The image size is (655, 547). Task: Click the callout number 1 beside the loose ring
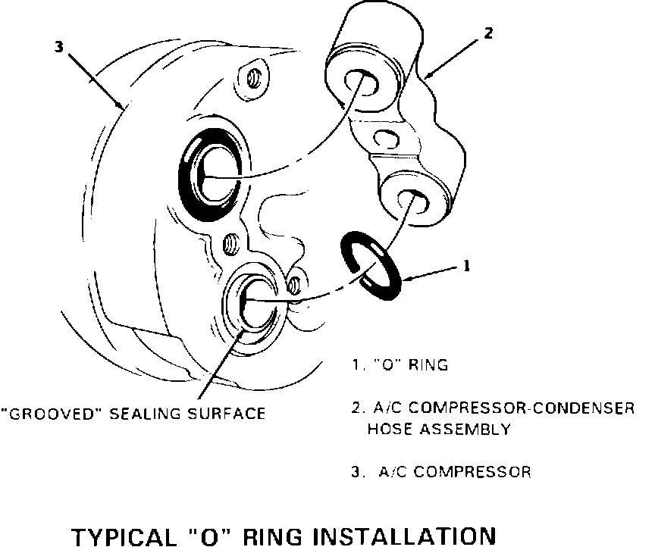pos(467,266)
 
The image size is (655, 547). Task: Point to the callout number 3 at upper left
pos(58,46)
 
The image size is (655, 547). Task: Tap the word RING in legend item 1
pos(428,365)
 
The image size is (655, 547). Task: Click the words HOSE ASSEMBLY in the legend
pos(438,429)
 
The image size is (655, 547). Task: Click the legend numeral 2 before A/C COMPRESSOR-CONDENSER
pos(355,408)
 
